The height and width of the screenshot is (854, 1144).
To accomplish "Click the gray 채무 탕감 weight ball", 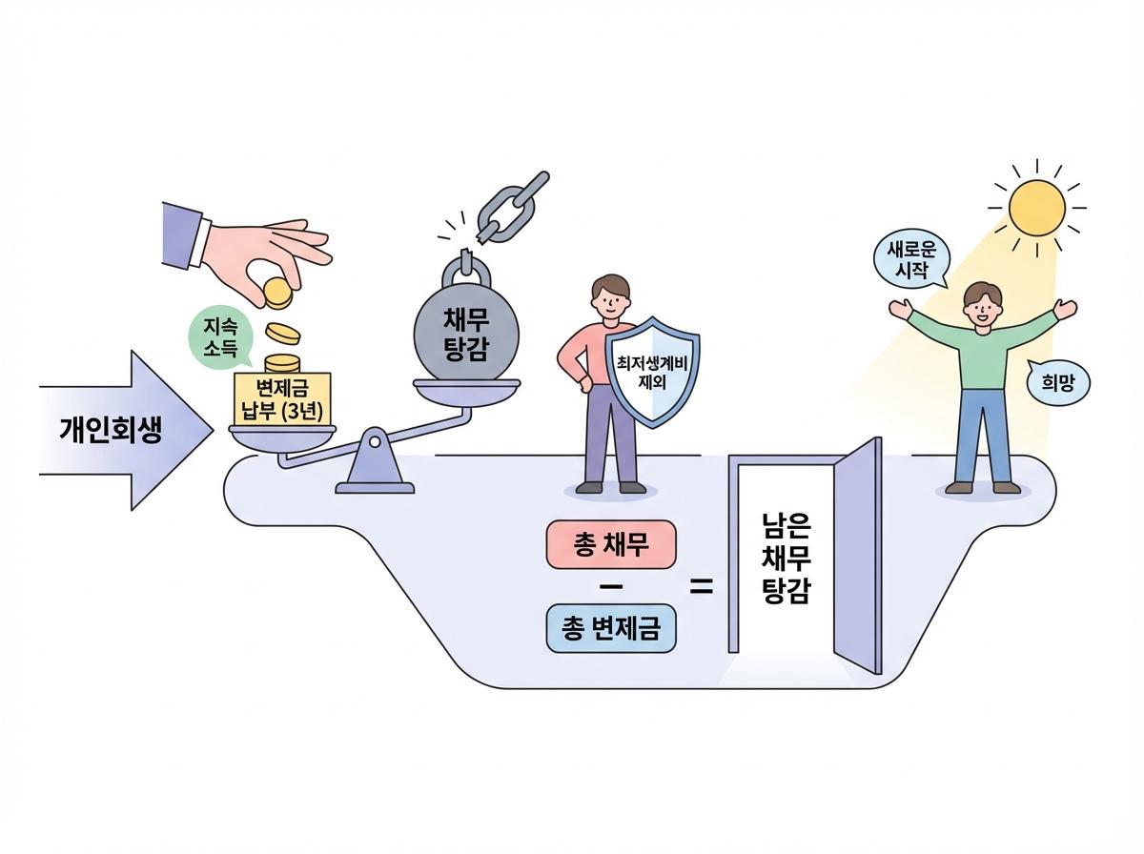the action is [x=467, y=330].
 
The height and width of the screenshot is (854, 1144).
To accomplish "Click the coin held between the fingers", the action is [x=276, y=292].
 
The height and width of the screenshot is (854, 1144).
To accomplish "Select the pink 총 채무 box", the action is [x=610, y=545].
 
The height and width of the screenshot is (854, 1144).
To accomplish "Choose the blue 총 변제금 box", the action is [x=610, y=628].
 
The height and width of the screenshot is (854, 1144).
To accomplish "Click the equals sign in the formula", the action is [x=702, y=587].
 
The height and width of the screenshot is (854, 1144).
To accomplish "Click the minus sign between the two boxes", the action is [x=610, y=585].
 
